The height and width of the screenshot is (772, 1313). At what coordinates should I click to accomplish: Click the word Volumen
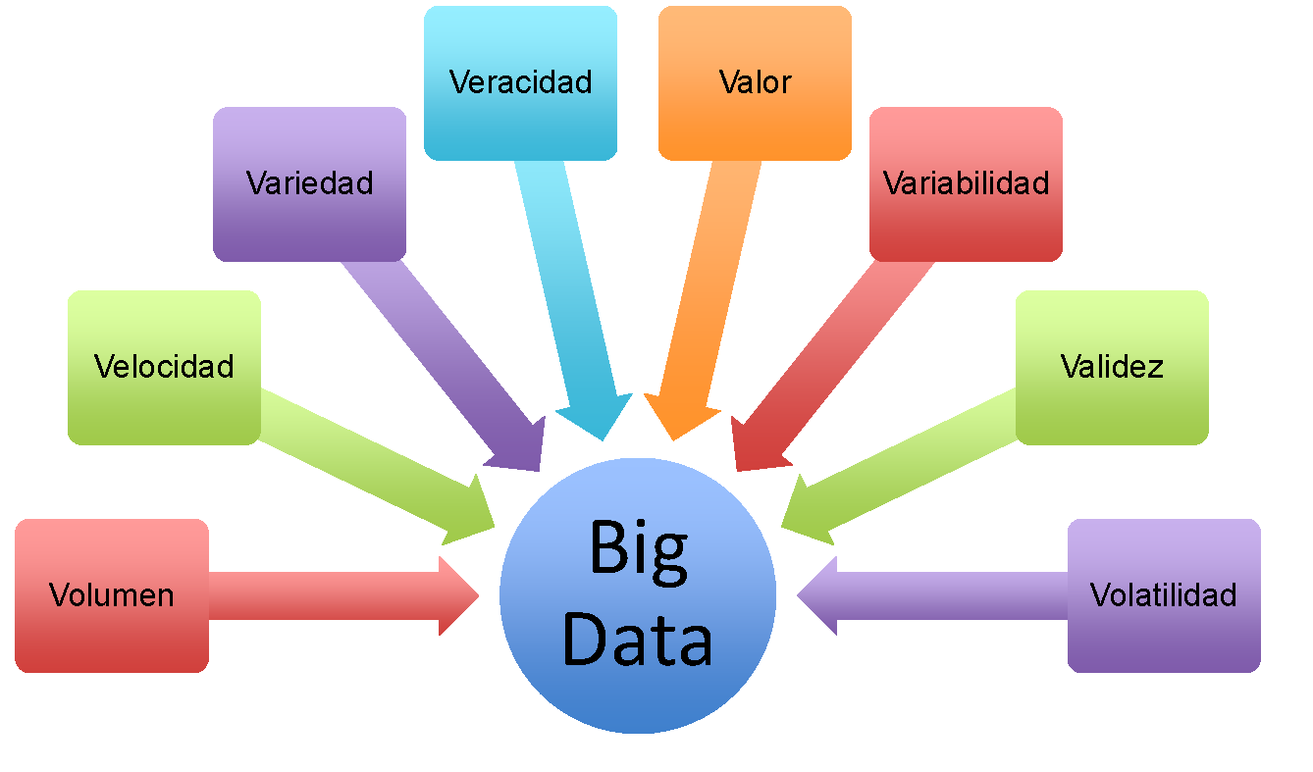(111, 594)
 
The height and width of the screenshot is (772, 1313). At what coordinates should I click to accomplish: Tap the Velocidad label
(164, 366)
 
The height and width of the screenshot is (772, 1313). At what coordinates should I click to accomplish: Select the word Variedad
(309, 182)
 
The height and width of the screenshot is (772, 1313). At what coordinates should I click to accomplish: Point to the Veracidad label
(520, 81)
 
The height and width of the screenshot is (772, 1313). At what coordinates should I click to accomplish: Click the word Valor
(755, 81)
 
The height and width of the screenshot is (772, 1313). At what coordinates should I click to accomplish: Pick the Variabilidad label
(966, 182)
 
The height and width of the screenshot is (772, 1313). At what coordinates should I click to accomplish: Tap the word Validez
(1112, 366)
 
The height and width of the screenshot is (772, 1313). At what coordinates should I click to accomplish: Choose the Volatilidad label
(1163, 594)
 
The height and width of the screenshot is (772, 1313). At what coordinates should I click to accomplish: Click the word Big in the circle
(638, 550)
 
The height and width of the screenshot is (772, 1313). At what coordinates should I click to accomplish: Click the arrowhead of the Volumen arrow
(456, 595)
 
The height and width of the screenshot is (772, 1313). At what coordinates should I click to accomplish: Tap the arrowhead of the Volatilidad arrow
(819, 595)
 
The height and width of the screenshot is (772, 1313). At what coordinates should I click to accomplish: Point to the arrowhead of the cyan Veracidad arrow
(599, 417)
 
